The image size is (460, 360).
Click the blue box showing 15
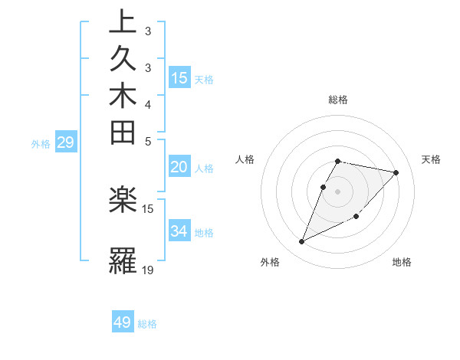tap(179, 77)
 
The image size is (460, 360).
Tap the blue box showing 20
tap(179, 167)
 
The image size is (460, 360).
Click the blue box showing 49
tap(123, 322)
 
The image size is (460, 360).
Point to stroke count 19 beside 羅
tap(148, 270)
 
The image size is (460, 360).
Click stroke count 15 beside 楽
tap(148, 208)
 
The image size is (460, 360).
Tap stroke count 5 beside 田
tap(148, 141)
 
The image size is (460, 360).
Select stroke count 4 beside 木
tap(148, 103)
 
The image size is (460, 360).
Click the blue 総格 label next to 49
tap(147, 324)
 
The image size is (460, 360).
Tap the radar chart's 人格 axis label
tap(245, 159)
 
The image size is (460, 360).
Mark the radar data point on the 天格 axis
tap(396, 172)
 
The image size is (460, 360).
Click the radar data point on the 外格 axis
tap(302, 241)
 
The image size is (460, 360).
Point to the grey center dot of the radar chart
tap(338, 191)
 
